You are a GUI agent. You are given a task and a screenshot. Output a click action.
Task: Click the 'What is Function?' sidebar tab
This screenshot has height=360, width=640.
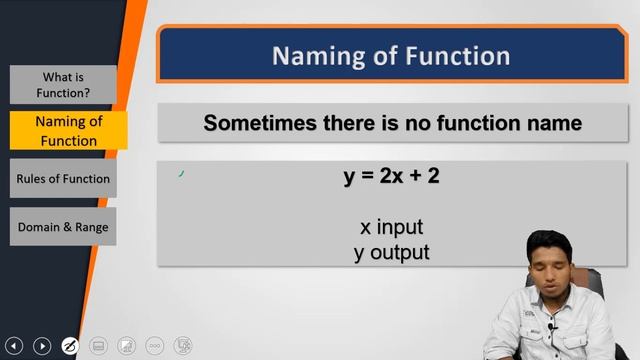63,85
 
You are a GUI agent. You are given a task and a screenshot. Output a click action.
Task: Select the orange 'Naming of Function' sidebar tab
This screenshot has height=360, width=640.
68,131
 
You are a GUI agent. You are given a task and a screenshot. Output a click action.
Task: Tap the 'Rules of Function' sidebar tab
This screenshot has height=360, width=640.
63,179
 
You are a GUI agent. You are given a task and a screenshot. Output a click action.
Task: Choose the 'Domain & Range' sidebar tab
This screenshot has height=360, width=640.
63,227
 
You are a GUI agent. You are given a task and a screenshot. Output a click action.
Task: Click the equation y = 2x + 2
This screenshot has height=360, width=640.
391,176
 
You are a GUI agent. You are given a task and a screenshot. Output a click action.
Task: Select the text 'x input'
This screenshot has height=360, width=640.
391,227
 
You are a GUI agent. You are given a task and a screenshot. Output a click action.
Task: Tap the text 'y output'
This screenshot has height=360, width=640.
391,252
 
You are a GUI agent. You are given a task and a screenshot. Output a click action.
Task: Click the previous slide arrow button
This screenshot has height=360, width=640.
15,346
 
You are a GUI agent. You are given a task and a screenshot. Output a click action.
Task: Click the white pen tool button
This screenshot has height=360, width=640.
70,346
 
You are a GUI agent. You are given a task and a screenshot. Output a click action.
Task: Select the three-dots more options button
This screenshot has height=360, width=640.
154,346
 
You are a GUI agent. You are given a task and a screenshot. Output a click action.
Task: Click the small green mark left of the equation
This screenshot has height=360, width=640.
181,174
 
